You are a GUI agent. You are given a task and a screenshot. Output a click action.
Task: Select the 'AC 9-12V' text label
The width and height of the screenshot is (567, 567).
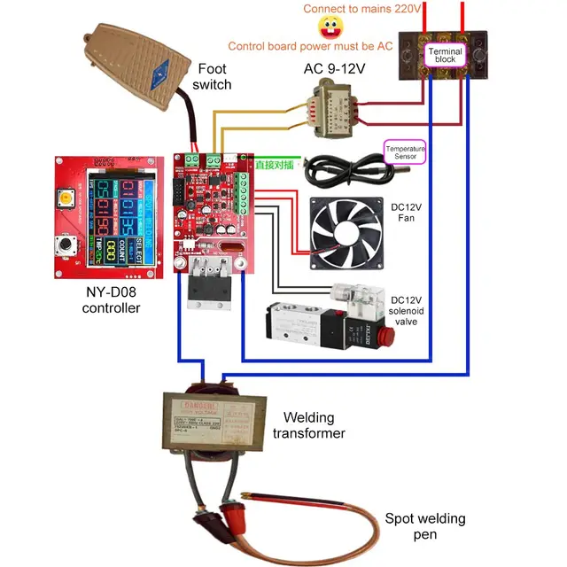[334, 66]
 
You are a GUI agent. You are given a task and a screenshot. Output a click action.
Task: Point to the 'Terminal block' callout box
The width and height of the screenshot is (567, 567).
[445, 55]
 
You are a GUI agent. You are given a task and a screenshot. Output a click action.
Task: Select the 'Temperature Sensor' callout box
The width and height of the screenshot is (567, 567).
[406, 151]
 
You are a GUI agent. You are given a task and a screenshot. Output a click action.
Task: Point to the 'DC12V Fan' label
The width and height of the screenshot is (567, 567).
[407, 213]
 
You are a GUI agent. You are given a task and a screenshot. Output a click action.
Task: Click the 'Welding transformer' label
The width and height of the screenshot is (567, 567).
[307, 425]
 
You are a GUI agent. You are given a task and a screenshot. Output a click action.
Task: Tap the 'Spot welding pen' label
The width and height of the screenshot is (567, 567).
[423, 526]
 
